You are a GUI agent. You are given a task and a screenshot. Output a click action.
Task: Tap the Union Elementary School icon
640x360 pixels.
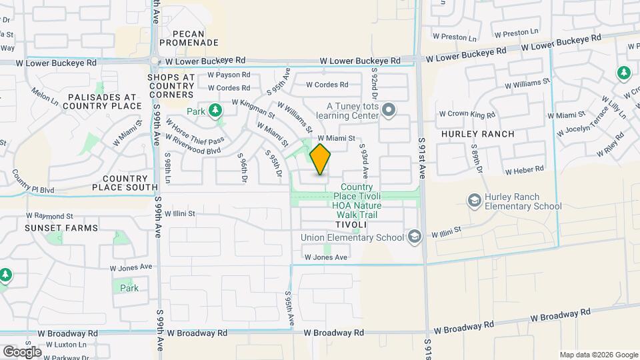(x=415, y=237)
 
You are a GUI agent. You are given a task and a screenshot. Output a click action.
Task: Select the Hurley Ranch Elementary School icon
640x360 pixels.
(x=475, y=200)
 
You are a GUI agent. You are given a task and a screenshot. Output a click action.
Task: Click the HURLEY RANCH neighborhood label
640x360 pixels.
(x=477, y=134)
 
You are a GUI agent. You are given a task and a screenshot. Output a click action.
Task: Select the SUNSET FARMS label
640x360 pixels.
(x=53, y=228)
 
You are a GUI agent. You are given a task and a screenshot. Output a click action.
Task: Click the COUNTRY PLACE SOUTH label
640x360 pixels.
(x=125, y=183)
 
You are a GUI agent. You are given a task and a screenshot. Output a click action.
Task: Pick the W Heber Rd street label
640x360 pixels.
(x=525, y=171)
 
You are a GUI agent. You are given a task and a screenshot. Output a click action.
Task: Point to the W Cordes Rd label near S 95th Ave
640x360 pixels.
(x=327, y=85)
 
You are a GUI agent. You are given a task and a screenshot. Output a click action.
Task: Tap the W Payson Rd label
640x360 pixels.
(x=229, y=75)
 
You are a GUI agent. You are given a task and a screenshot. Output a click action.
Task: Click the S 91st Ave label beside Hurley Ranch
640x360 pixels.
(x=422, y=157)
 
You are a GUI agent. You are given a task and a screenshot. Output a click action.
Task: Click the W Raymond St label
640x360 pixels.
(x=49, y=216)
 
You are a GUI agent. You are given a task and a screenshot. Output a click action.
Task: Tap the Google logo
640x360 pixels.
(x=22, y=351)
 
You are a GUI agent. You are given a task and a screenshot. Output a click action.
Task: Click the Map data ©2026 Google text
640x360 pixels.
(x=598, y=355)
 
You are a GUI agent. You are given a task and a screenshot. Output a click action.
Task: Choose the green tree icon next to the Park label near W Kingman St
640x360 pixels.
(x=215, y=110)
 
